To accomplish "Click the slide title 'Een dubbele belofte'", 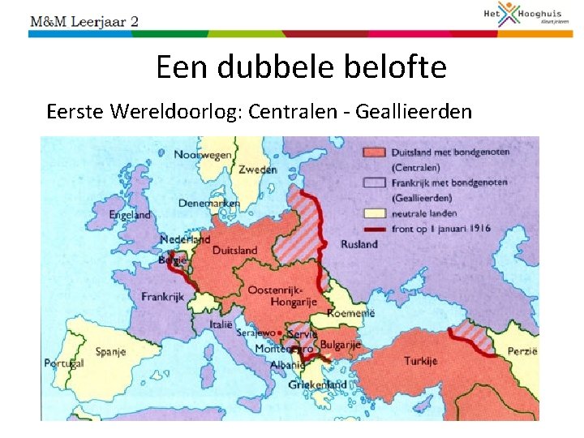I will [301, 67].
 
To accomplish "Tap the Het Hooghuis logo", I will [532, 15].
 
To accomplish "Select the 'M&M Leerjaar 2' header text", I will [84, 20].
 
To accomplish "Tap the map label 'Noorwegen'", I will [203, 154].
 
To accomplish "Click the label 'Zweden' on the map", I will [257, 170].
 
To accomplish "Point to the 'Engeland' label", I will [130, 215].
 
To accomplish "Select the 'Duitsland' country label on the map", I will [234, 250].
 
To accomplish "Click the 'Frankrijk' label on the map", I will [163, 297].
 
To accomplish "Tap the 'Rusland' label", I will [359, 243].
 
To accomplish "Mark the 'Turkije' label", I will [420, 360].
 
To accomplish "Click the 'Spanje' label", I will [110, 352].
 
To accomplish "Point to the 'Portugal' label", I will [63, 363].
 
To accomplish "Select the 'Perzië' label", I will [522, 351].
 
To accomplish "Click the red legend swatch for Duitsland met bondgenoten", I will [374, 152].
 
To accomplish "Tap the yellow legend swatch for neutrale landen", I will [374, 213].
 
